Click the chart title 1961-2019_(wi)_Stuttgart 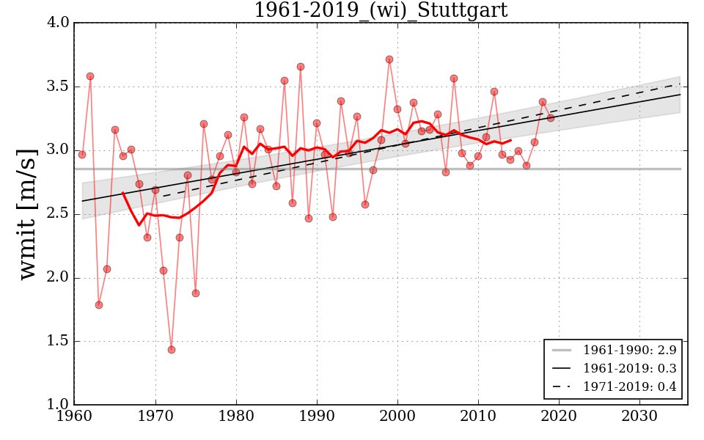tap(380, 10)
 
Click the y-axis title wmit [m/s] tap(27, 213)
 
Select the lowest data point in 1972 tap(171, 350)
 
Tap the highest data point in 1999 tap(389, 59)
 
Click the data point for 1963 tap(99, 305)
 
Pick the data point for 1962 tap(90, 76)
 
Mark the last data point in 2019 tap(551, 118)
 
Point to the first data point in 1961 tap(82, 155)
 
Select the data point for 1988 tap(301, 67)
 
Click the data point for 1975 tap(196, 293)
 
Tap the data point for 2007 tap(454, 78)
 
